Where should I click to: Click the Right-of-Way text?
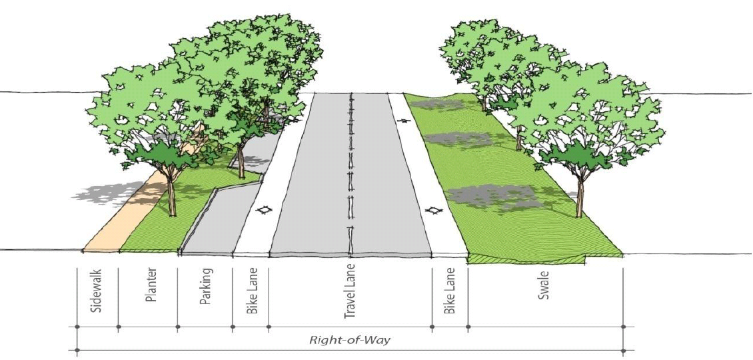[x=349, y=339]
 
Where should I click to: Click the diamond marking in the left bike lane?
[x=265, y=211]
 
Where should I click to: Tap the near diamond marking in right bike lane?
[x=433, y=211]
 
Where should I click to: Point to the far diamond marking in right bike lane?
[x=403, y=121]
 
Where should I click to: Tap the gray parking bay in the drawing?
[x=213, y=223]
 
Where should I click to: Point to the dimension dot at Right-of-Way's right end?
[x=624, y=327]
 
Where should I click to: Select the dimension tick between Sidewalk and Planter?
[x=119, y=327]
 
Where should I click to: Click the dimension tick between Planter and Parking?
[x=178, y=327]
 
